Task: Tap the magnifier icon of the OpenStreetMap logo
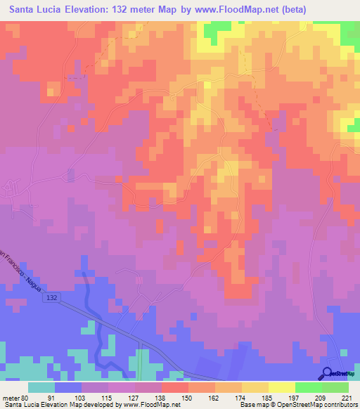coord(328,373)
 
